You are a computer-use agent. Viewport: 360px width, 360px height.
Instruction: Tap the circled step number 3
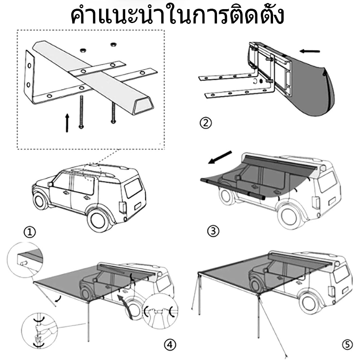pos(213,231)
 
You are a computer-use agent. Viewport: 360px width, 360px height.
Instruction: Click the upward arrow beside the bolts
pos(67,122)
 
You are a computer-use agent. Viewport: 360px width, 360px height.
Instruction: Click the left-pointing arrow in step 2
pos(310,51)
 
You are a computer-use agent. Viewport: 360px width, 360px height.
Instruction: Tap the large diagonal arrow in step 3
pos(220,158)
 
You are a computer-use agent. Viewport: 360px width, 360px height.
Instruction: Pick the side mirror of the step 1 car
pos(51,185)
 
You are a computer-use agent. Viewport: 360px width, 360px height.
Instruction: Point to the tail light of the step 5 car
pos(332,291)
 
